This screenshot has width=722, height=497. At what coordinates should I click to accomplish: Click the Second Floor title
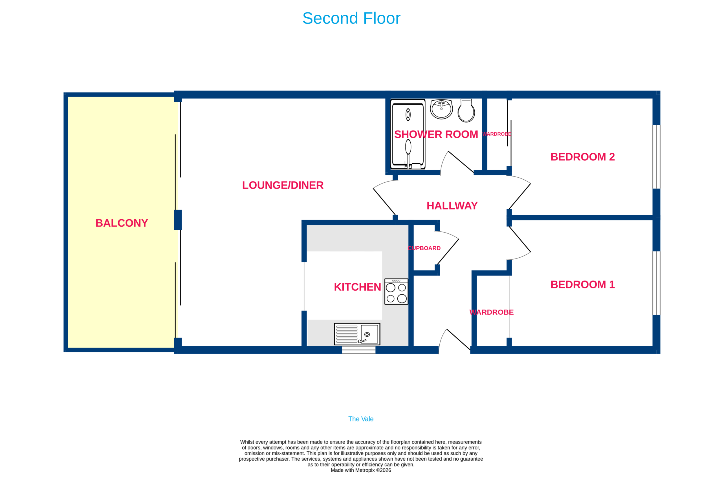351,18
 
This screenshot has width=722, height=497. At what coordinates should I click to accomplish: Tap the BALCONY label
122,223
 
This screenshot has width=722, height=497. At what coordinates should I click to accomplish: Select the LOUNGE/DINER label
283,185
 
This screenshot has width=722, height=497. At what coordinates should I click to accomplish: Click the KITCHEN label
357,287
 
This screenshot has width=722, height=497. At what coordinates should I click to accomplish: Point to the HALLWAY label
452,206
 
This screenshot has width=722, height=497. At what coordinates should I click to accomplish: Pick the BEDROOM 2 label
582,157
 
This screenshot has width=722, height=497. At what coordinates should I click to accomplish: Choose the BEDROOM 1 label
582,284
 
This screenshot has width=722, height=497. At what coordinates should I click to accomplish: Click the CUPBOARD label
424,248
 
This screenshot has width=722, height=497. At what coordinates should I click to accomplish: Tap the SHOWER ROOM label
436,134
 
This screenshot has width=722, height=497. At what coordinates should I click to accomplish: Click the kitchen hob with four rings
396,291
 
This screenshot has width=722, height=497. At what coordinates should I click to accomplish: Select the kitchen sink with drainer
357,334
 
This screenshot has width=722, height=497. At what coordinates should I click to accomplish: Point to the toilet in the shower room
466,111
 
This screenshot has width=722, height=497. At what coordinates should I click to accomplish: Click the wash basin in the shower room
441,109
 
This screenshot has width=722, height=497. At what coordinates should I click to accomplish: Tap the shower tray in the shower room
408,134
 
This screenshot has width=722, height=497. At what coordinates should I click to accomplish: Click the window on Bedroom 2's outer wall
656,157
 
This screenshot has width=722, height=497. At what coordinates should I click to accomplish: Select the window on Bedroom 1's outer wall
656,283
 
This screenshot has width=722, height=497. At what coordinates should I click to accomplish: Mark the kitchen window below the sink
358,350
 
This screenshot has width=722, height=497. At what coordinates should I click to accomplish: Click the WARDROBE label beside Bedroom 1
491,312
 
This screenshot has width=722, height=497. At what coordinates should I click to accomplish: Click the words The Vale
361,419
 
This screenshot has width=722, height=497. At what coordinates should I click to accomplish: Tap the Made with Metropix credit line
361,470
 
